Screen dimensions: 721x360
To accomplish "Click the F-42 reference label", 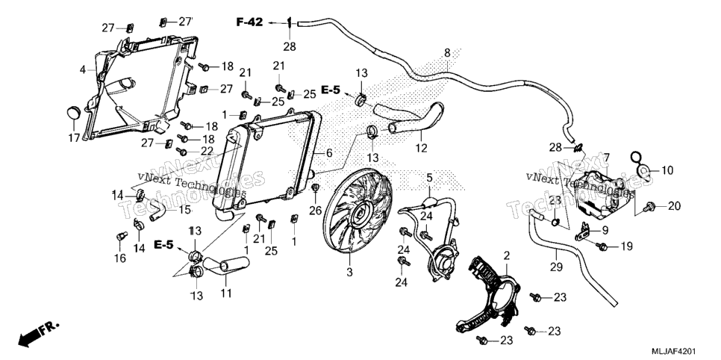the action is click(250, 22).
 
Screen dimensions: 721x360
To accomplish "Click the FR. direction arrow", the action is click(39, 335).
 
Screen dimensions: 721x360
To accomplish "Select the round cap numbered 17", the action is click(74, 112).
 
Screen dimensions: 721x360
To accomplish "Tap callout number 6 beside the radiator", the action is click(328, 153).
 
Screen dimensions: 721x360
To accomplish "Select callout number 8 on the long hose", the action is click(447, 52).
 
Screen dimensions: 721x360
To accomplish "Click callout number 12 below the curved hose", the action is click(421, 148).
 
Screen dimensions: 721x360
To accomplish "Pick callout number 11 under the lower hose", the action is click(225, 294).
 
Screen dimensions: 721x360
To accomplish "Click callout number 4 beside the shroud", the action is click(83, 70).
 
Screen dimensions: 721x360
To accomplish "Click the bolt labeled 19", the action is click(602, 246).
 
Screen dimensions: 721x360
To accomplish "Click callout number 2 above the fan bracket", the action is click(507, 255).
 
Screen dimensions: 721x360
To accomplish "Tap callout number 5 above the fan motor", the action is click(429, 177).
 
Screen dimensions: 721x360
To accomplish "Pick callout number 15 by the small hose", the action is click(185, 210).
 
